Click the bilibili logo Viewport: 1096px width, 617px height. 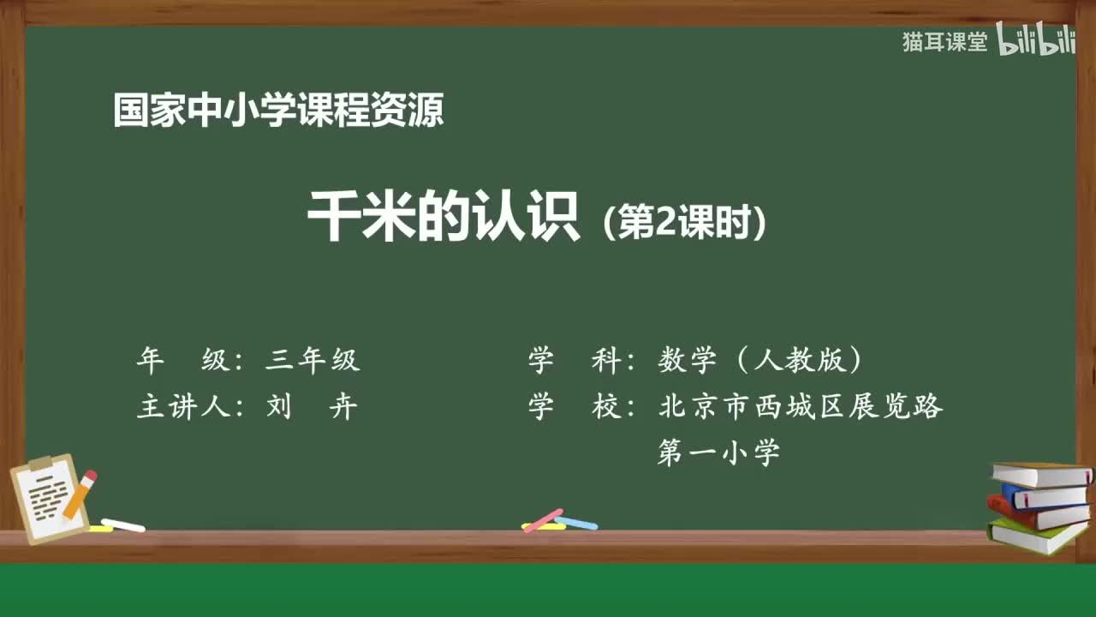pos(1036,40)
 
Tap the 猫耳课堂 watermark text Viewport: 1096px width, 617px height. pos(944,42)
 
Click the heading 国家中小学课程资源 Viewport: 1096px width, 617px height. pos(278,111)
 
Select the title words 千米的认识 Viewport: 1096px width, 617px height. pos(444,220)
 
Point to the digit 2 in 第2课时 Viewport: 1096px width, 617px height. pos(665,225)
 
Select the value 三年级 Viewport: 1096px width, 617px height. pos(313,361)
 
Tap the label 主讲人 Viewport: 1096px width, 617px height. pos(183,406)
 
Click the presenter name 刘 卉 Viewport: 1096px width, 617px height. pos(313,406)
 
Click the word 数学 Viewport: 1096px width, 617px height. pos(687,361)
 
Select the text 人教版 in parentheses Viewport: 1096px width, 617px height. pos(800,361)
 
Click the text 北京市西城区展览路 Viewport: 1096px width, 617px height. pos(800,406)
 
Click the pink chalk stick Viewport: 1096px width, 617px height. pos(543,519)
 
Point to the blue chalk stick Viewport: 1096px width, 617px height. pos(576,522)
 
